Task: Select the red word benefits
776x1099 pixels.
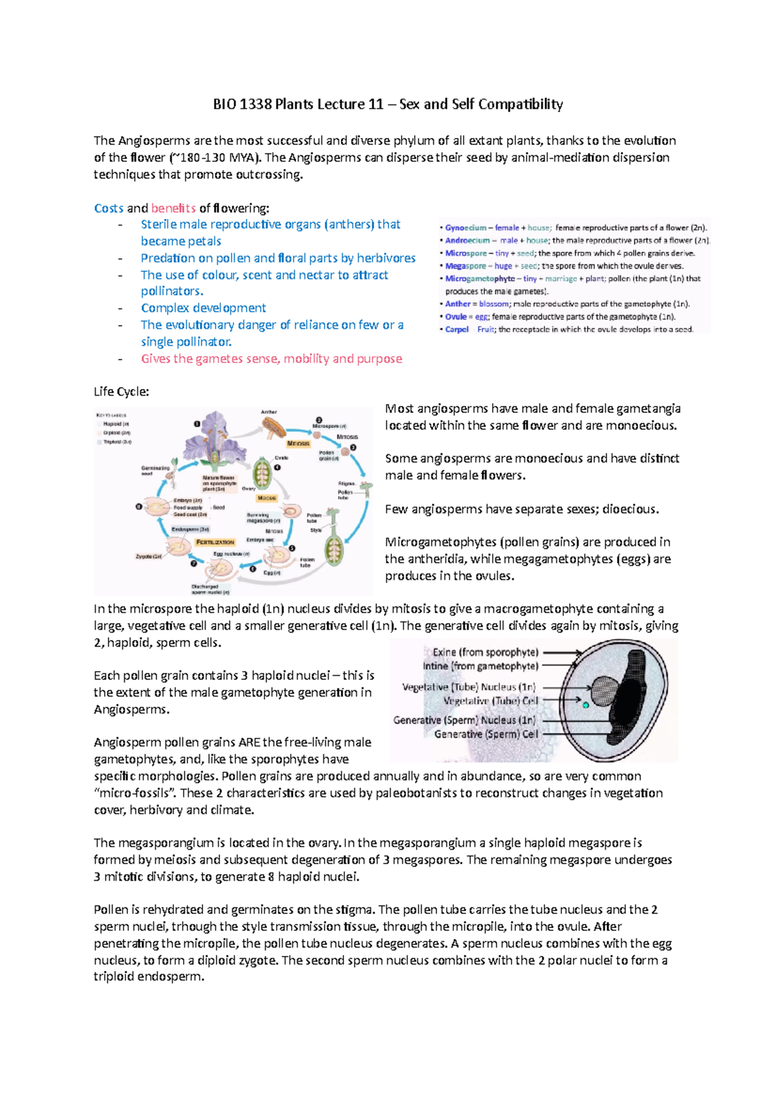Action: point(173,208)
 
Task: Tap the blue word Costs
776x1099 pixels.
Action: point(109,208)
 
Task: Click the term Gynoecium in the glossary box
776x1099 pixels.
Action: point(465,228)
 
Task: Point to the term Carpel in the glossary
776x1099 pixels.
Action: point(457,329)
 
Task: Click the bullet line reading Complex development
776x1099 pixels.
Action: point(203,308)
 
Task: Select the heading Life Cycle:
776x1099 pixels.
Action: point(122,392)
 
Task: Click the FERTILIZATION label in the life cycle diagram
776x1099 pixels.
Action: point(215,542)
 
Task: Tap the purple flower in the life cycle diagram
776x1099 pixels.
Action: point(213,440)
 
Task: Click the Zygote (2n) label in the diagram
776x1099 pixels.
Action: point(148,556)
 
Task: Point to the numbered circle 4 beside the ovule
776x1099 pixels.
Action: point(277,467)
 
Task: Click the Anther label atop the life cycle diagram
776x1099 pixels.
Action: point(269,412)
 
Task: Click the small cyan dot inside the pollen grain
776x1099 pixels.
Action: point(586,705)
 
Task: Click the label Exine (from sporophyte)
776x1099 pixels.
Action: point(485,652)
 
